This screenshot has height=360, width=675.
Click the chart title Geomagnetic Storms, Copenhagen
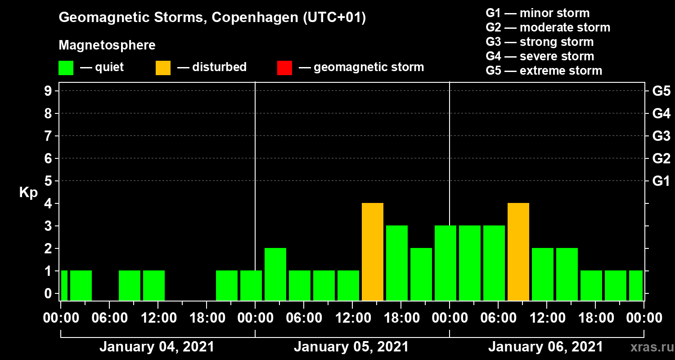coord(212,18)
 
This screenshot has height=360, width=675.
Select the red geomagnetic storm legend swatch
coord(284,68)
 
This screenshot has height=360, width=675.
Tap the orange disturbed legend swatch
coord(163,68)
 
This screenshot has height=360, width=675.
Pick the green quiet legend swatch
coord(66,68)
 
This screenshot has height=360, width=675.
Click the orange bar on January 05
coord(373,252)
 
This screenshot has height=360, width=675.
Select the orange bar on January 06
coord(518,252)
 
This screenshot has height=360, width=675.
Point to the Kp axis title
coord(28,193)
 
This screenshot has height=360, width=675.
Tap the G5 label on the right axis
coord(661,91)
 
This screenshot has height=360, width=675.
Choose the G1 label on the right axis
coord(661,181)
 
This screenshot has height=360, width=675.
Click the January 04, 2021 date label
coord(157,347)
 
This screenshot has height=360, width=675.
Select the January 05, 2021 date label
coord(351,347)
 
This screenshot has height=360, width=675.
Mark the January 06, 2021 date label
coord(545,347)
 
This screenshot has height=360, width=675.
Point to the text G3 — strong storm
coord(540,42)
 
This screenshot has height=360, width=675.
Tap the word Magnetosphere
coord(107,45)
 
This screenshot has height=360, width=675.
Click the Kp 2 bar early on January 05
coord(275,274)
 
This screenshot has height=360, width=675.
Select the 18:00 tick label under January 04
coord(207,318)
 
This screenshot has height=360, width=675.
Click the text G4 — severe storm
coord(540,56)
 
